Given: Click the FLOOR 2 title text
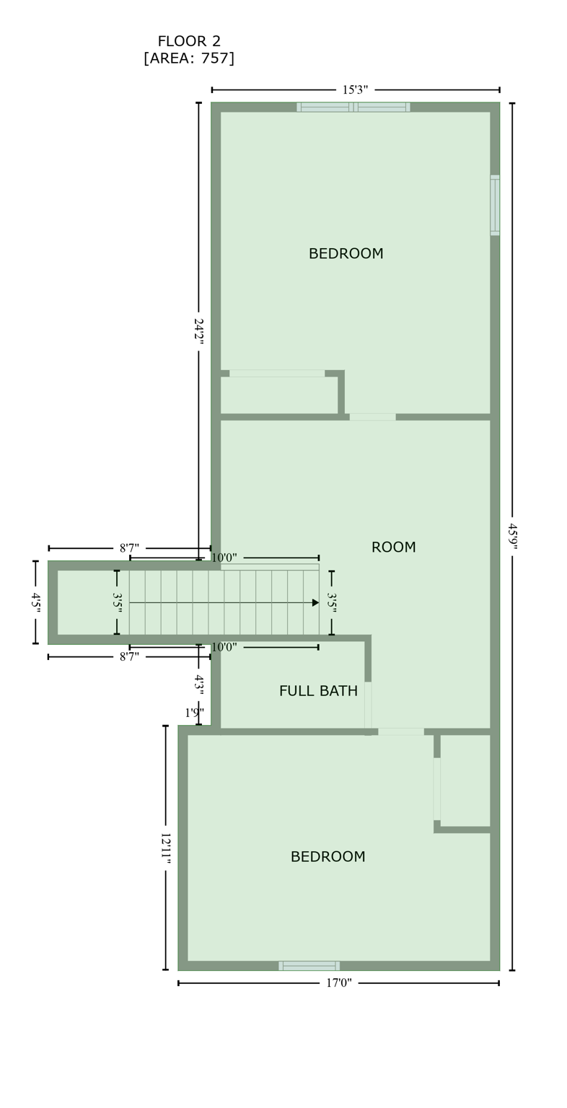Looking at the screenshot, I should tap(189, 42).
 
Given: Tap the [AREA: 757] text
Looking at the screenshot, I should tap(189, 59).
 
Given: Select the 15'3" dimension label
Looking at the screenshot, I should tap(355, 90).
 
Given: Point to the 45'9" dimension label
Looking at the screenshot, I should tap(512, 536).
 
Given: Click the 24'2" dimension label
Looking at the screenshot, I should tap(198, 331).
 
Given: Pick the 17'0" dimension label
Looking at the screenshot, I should tap(338, 983).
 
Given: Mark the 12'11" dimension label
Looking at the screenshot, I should tap(165, 847).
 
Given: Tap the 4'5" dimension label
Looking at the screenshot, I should tap(35, 602).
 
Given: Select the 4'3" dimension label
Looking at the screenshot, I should tap(198, 683).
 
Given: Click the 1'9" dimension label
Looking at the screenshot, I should tap(194, 713).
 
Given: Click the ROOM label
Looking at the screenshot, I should tap(393, 548).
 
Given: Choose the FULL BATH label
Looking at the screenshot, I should tap(318, 692).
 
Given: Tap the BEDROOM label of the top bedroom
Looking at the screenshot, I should tap(346, 255).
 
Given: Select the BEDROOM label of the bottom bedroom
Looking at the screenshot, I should tap(328, 858).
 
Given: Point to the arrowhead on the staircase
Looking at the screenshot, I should tap(315, 603).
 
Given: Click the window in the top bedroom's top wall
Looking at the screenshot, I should tap(353, 107).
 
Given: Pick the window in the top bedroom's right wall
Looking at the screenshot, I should tap(495, 206).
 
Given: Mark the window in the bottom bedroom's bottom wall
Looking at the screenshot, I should tap(309, 966).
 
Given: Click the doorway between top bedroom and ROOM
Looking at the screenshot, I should tap(372, 417).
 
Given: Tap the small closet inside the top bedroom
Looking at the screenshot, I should tap(278, 395).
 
